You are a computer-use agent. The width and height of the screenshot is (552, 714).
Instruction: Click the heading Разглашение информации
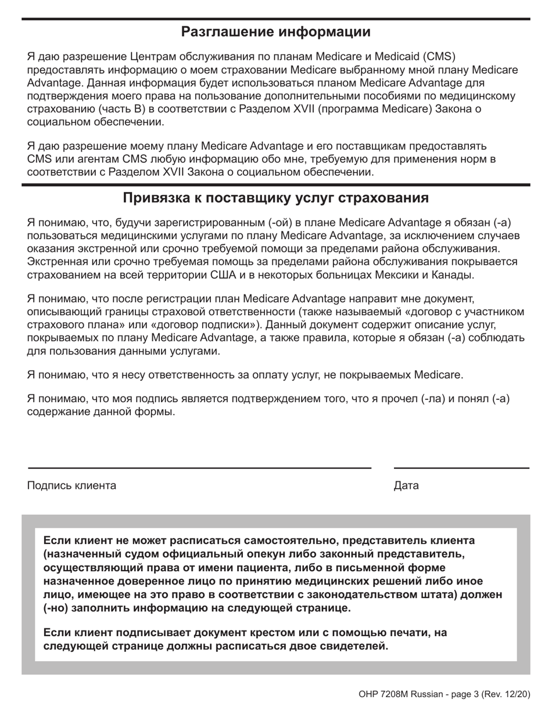point(276,31)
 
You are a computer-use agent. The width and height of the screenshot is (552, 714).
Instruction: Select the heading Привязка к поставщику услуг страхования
point(276,199)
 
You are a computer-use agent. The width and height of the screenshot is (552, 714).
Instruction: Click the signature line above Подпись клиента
point(199,467)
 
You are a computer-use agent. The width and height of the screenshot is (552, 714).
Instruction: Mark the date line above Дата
point(461,467)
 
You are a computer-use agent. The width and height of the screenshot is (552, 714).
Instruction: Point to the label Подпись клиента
point(71,486)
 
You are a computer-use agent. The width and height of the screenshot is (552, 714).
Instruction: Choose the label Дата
point(406,486)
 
